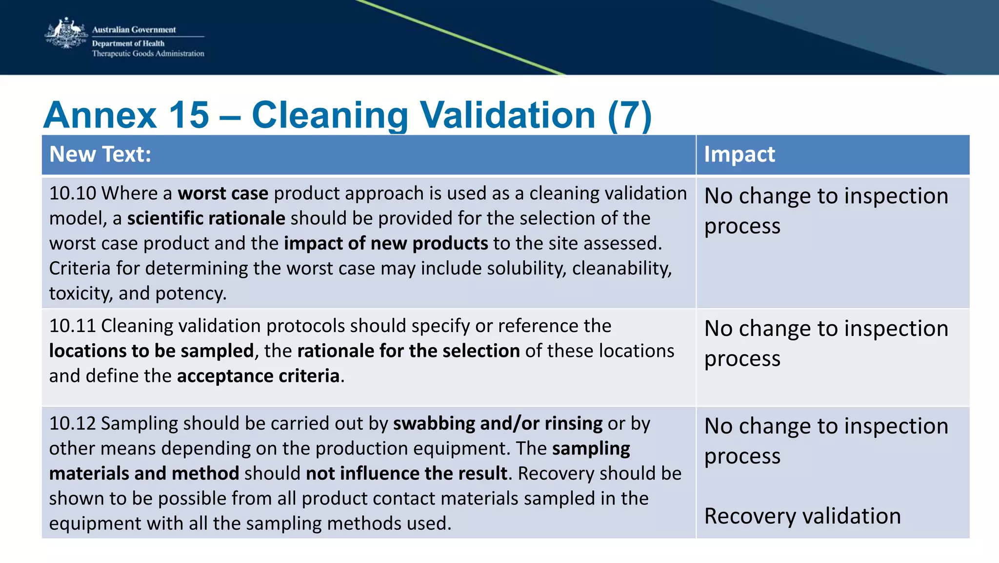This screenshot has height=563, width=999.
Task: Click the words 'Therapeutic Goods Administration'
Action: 148,54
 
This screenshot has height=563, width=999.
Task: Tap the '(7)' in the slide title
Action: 629,115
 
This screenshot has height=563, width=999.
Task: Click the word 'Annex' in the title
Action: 100,115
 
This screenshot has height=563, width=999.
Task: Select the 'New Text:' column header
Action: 100,154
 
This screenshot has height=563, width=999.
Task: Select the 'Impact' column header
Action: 739,154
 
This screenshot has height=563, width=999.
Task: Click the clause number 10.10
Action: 73,193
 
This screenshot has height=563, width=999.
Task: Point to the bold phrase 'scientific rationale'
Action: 206,218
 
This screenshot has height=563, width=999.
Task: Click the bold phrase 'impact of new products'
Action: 385,243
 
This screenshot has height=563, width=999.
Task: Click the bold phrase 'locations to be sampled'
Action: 151,351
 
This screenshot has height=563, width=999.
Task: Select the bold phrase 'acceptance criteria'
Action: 258,376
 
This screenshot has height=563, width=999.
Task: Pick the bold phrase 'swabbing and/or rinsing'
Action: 498,423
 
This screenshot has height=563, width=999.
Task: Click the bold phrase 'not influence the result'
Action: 406,474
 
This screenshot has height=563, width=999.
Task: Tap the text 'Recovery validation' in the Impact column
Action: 802,516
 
